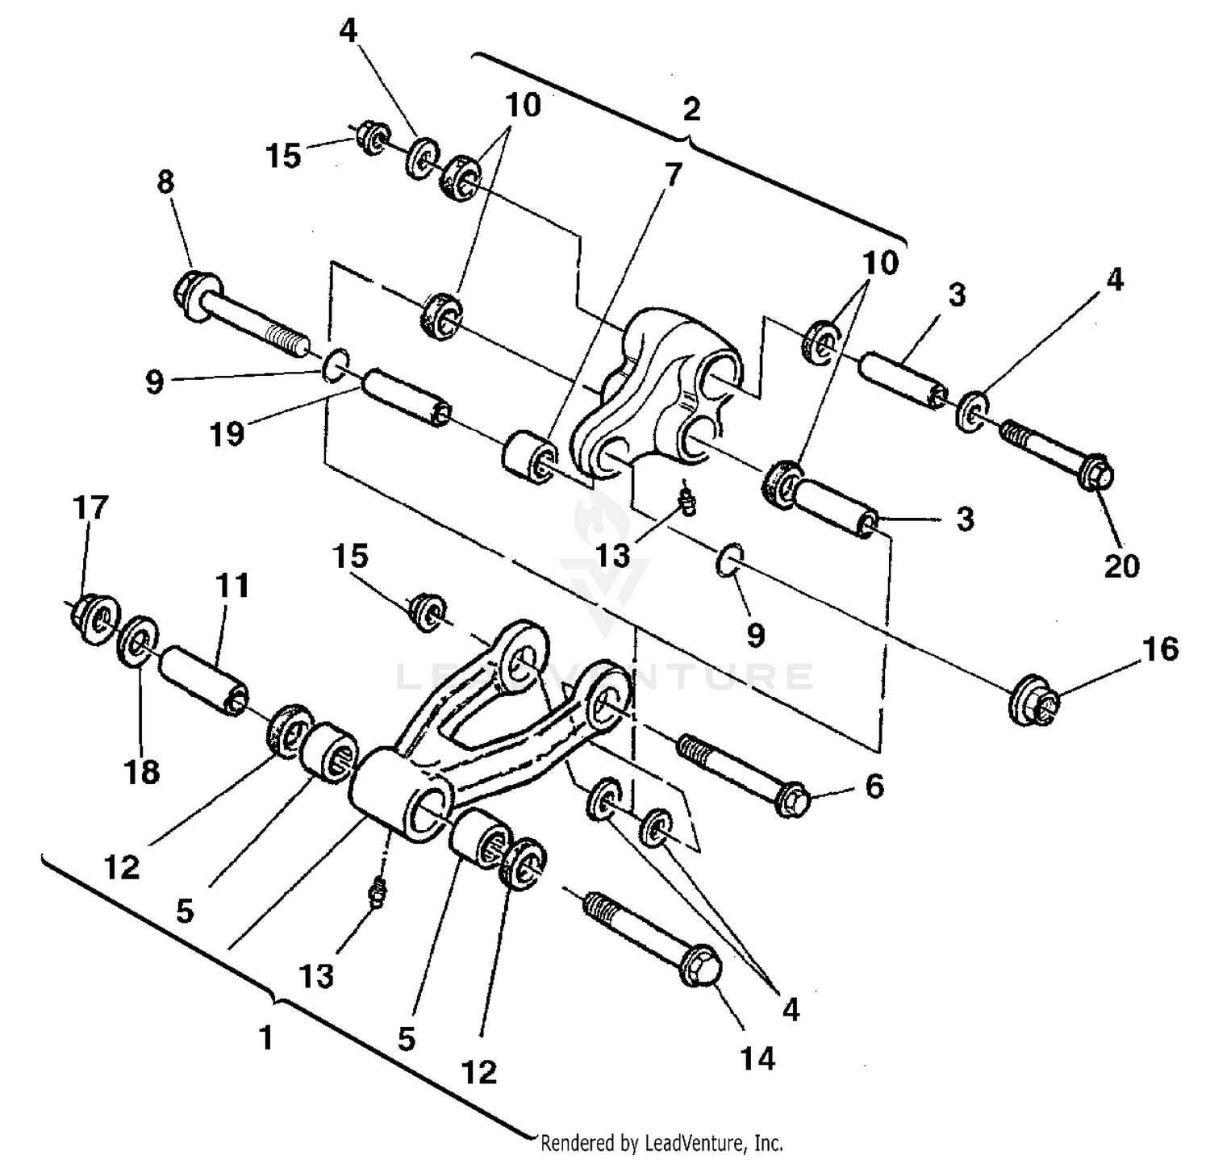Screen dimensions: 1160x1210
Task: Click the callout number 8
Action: (x=165, y=182)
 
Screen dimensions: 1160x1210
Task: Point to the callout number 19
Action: (x=227, y=434)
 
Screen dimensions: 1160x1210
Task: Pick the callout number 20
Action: (x=1121, y=565)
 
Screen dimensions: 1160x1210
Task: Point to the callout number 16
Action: (x=1161, y=649)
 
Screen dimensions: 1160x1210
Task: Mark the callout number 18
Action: (x=142, y=771)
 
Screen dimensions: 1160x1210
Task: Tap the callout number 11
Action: (x=232, y=586)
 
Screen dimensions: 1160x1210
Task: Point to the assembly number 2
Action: (x=691, y=110)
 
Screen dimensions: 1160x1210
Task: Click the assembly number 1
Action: (x=266, y=1038)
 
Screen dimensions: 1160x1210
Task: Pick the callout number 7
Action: (x=674, y=173)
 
